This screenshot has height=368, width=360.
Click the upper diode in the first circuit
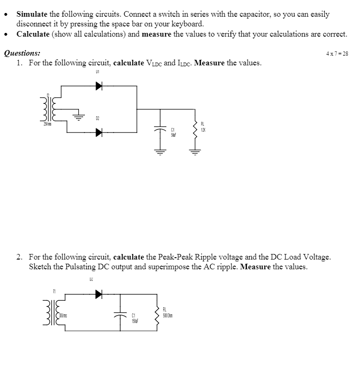point(99,86)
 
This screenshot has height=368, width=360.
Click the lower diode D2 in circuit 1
point(99,133)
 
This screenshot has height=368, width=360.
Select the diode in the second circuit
point(98,294)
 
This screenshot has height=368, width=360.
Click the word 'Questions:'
point(22,53)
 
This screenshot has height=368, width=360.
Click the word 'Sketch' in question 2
point(40,267)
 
